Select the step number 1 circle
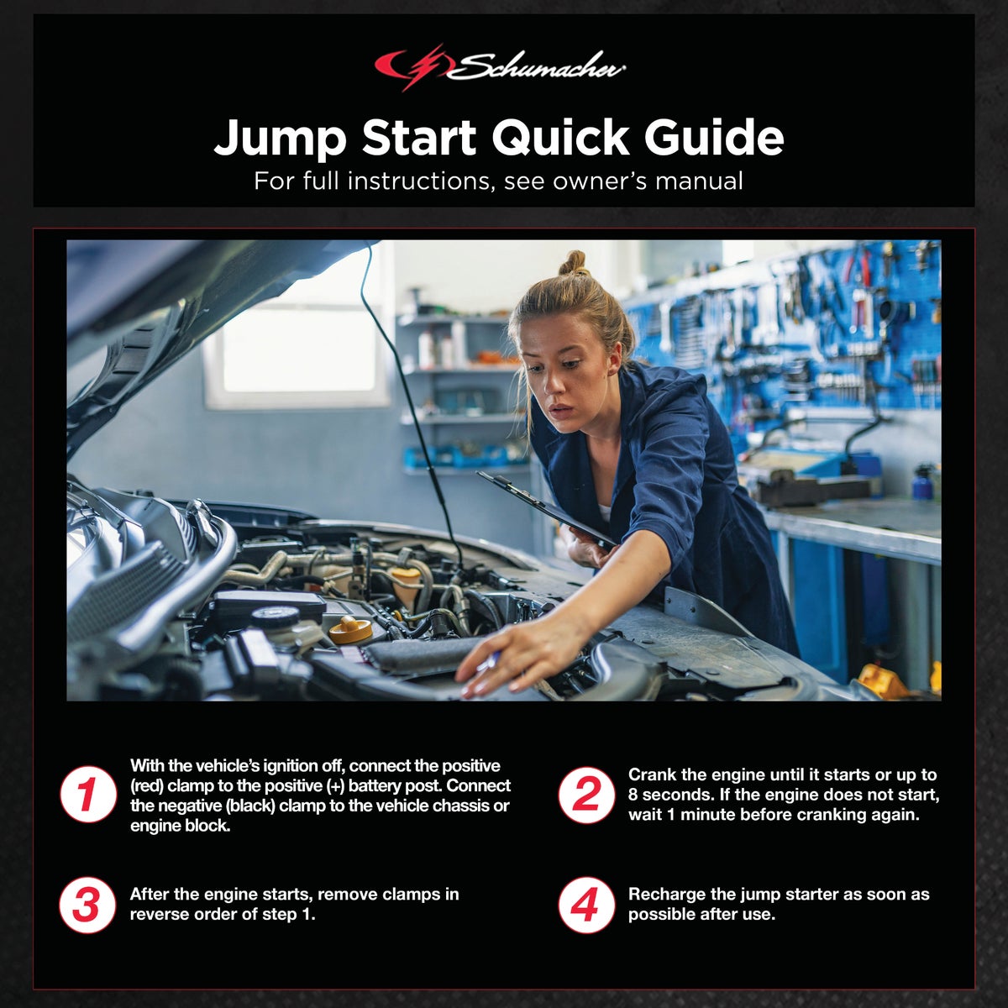[x=87, y=795]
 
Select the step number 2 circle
[x=586, y=795]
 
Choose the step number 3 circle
[x=87, y=906]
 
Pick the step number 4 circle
[x=586, y=906]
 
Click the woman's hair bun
[x=575, y=263]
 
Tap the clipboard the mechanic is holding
[x=546, y=506]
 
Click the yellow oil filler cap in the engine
[x=350, y=629]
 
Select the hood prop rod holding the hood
[x=412, y=403]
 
